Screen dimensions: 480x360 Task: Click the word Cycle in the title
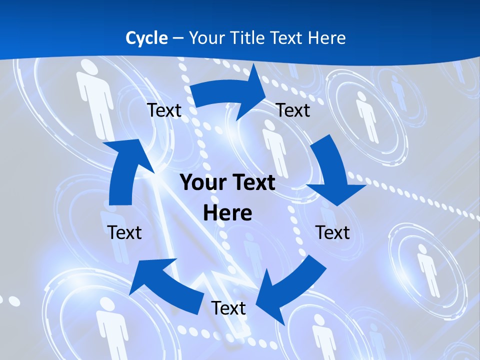pyautogui.click(x=146, y=38)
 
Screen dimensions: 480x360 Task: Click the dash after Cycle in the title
pyautogui.click(x=177, y=38)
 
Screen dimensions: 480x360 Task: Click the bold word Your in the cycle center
pyautogui.click(x=202, y=183)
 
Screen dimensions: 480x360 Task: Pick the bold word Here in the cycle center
pyautogui.click(x=227, y=213)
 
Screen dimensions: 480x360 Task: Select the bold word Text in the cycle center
pyautogui.click(x=252, y=183)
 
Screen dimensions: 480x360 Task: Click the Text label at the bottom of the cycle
pyautogui.click(x=228, y=308)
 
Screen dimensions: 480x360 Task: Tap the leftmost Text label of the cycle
pyautogui.click(x=124, y=232)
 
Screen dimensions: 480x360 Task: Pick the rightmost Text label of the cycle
pyautogui.click(x=332, y=232)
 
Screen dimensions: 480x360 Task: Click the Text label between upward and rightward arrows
pyautogui.click(x=164, y=110)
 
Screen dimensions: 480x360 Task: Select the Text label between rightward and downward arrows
pyautogui.click(x=293, y=110)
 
